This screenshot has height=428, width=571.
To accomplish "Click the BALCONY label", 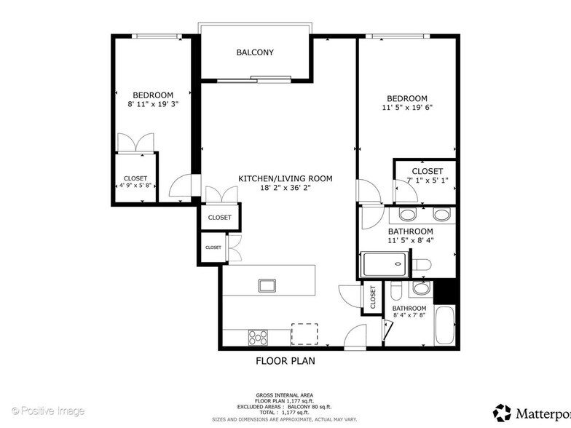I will (255, 52).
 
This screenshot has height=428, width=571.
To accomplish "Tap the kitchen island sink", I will (267, 285).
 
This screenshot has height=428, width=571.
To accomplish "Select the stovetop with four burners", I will (259, 337).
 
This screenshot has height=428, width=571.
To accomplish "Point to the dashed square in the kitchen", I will (304, 333).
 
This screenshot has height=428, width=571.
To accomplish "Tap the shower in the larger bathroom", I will (384, 264).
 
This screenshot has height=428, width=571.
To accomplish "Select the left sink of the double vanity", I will (408, 215).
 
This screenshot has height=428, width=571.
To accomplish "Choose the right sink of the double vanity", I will (440, 215).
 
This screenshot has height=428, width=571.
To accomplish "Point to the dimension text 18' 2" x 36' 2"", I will (285, 188).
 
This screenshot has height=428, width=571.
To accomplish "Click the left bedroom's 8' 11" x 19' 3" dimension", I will (153, 105).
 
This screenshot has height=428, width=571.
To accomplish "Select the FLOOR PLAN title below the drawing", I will (285, 360).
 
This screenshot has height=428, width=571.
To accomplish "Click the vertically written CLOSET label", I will (372, 297).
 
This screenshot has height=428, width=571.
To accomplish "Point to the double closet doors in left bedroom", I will (136, 143).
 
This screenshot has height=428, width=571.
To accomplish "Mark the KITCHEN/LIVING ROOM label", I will (285, 178).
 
